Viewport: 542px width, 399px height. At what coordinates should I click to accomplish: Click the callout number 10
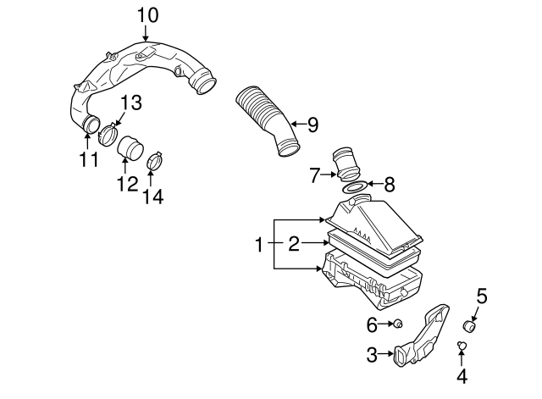147,14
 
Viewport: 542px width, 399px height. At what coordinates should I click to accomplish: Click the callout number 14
152,197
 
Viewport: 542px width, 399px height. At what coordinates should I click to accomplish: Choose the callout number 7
315,176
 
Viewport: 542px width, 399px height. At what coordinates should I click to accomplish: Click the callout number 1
260,245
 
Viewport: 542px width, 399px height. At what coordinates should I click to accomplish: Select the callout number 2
294,245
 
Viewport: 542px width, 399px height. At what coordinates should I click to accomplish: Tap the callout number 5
481,296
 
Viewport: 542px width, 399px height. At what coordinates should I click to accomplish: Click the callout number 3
372,356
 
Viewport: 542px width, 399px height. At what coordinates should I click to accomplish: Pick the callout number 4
462,375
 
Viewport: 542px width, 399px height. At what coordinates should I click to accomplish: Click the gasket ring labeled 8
357,185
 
